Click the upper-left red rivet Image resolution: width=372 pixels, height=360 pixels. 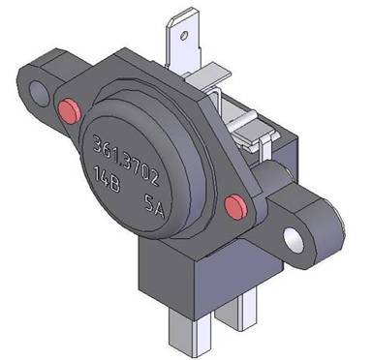(x=69, y=110)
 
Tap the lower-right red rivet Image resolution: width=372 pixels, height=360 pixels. (x=236, y=206)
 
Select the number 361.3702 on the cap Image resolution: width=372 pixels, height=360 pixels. (x=126, y=160)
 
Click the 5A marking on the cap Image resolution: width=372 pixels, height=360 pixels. (x=154, y=206)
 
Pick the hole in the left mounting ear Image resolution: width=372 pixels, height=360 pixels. (x=40, y=94)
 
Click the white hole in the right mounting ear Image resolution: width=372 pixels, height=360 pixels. (x=294, y=240)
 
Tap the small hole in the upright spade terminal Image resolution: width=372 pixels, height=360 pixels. (x=184, y=36)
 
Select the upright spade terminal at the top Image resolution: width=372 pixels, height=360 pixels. (x=183, y=41)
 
